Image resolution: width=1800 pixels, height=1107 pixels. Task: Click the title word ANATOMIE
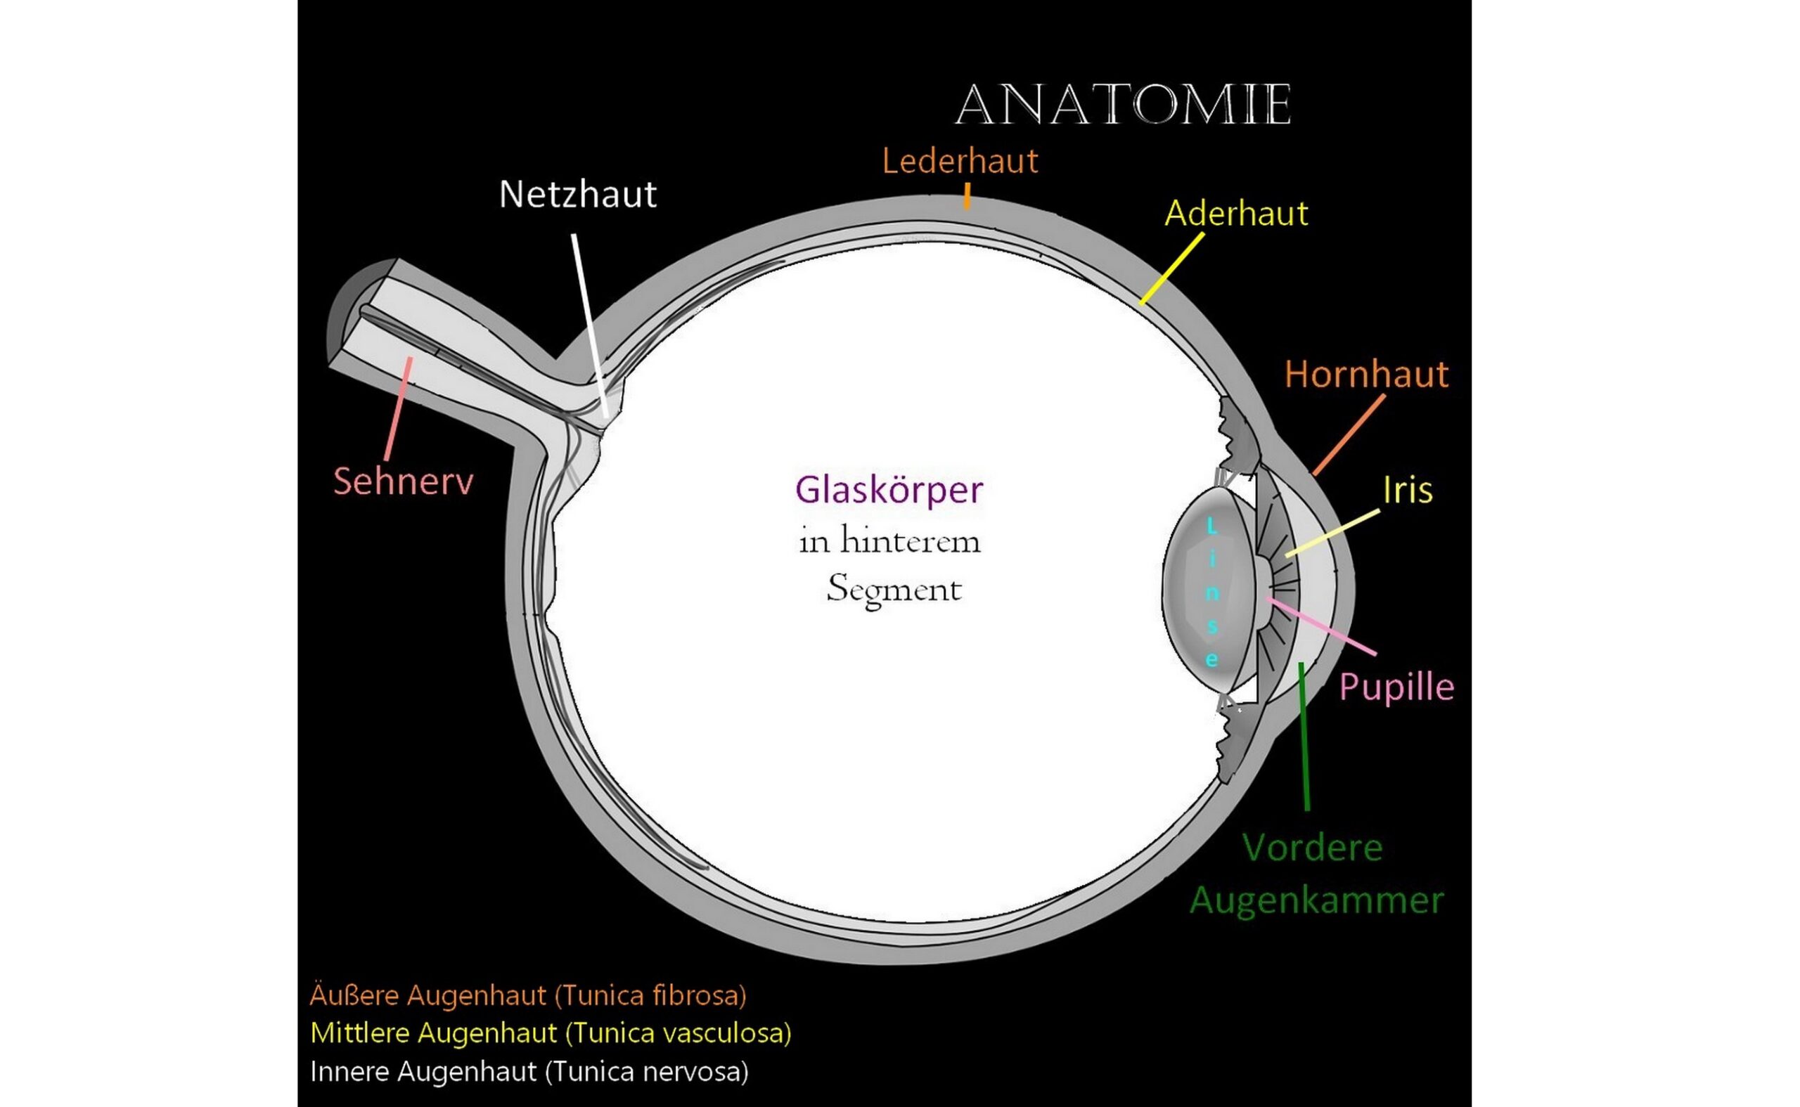click(x=1123, y=106)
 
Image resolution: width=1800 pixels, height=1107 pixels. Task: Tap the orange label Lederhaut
click(x=959, y=162)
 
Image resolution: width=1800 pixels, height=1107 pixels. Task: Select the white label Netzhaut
click(x=577, y=195)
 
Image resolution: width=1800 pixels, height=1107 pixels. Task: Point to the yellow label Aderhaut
click(x=1235, y=214)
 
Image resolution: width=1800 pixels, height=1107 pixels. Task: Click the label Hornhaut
click(x=1365, y=375)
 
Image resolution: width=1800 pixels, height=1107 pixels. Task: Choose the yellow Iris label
click(x=1407, y=491)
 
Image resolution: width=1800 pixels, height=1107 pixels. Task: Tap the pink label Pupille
click(x=1396, y=687)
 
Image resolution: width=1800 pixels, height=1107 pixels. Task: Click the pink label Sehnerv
click(x=403, y=481)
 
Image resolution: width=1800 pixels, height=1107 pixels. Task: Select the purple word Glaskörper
click(x=889, y=491)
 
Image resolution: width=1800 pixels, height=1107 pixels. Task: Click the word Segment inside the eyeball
click(x=894, y=590)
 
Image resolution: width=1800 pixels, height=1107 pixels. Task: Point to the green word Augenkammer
click(x=1316, y=900)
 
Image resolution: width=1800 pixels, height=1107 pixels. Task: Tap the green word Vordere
click(x=1312, y=848)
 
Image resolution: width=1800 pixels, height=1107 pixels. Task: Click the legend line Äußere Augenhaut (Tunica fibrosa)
click(x=528, y=995)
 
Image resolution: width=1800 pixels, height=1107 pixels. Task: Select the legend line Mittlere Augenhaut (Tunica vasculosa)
click(x=551, y=1033)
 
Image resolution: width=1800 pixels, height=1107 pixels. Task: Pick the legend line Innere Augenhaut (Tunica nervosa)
click(x=529, y=1071)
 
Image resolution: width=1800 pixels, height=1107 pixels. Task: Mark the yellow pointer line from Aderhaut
click(x=1171, y=268)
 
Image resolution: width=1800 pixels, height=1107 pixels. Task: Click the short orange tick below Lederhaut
click(x=967, y=196)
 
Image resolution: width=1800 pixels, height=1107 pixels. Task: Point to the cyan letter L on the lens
click(x=1211, y=526)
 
